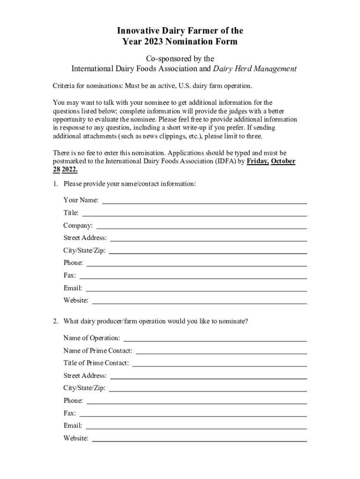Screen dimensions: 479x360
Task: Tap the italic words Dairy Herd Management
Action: pyautogui.click(x=255, y=69)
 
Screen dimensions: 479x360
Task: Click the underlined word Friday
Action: pyautogui.click(x=258, y=161)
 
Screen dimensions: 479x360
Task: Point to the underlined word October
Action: pyautogui.click(x=283, y=161)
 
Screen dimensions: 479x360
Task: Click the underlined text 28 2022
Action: pyautogui.click(x=65, y=169)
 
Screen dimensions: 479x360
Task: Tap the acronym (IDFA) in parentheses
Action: pyautogui.click(x=226, y=161)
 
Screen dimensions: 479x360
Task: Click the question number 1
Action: pyautogui.click(x=55, y=184)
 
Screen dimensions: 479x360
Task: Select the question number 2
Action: pyautogui.click(x=55, y=321)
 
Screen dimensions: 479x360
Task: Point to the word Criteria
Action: pyautogui.click(x=65, y=87)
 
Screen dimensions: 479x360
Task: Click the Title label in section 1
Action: pyautogui.click(x=71, y=213)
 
